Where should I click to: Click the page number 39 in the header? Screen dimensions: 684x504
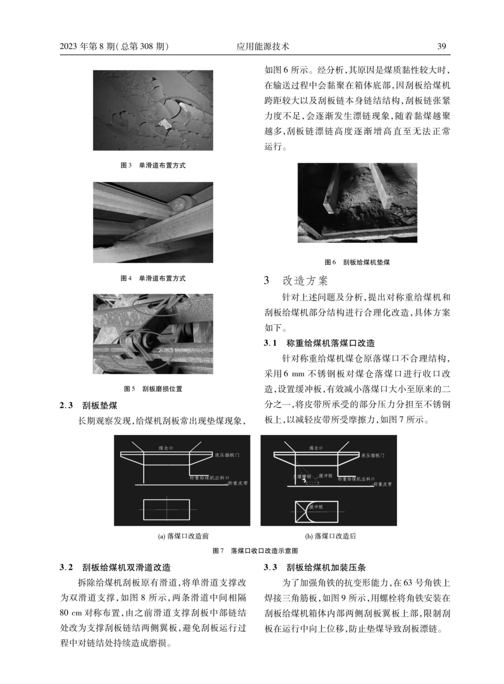pos(441,47)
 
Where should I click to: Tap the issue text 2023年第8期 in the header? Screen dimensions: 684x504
pos(88,47)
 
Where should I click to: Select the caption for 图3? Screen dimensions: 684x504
pos(153,166)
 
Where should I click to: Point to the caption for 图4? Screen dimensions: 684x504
pos(153,278)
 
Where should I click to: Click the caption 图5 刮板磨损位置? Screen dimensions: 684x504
pos(153,389)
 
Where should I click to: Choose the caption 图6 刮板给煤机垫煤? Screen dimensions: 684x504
pos(357,262)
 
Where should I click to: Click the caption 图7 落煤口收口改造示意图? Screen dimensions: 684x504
pos(255,551)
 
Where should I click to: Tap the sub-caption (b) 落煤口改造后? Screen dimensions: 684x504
pos(328,536)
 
